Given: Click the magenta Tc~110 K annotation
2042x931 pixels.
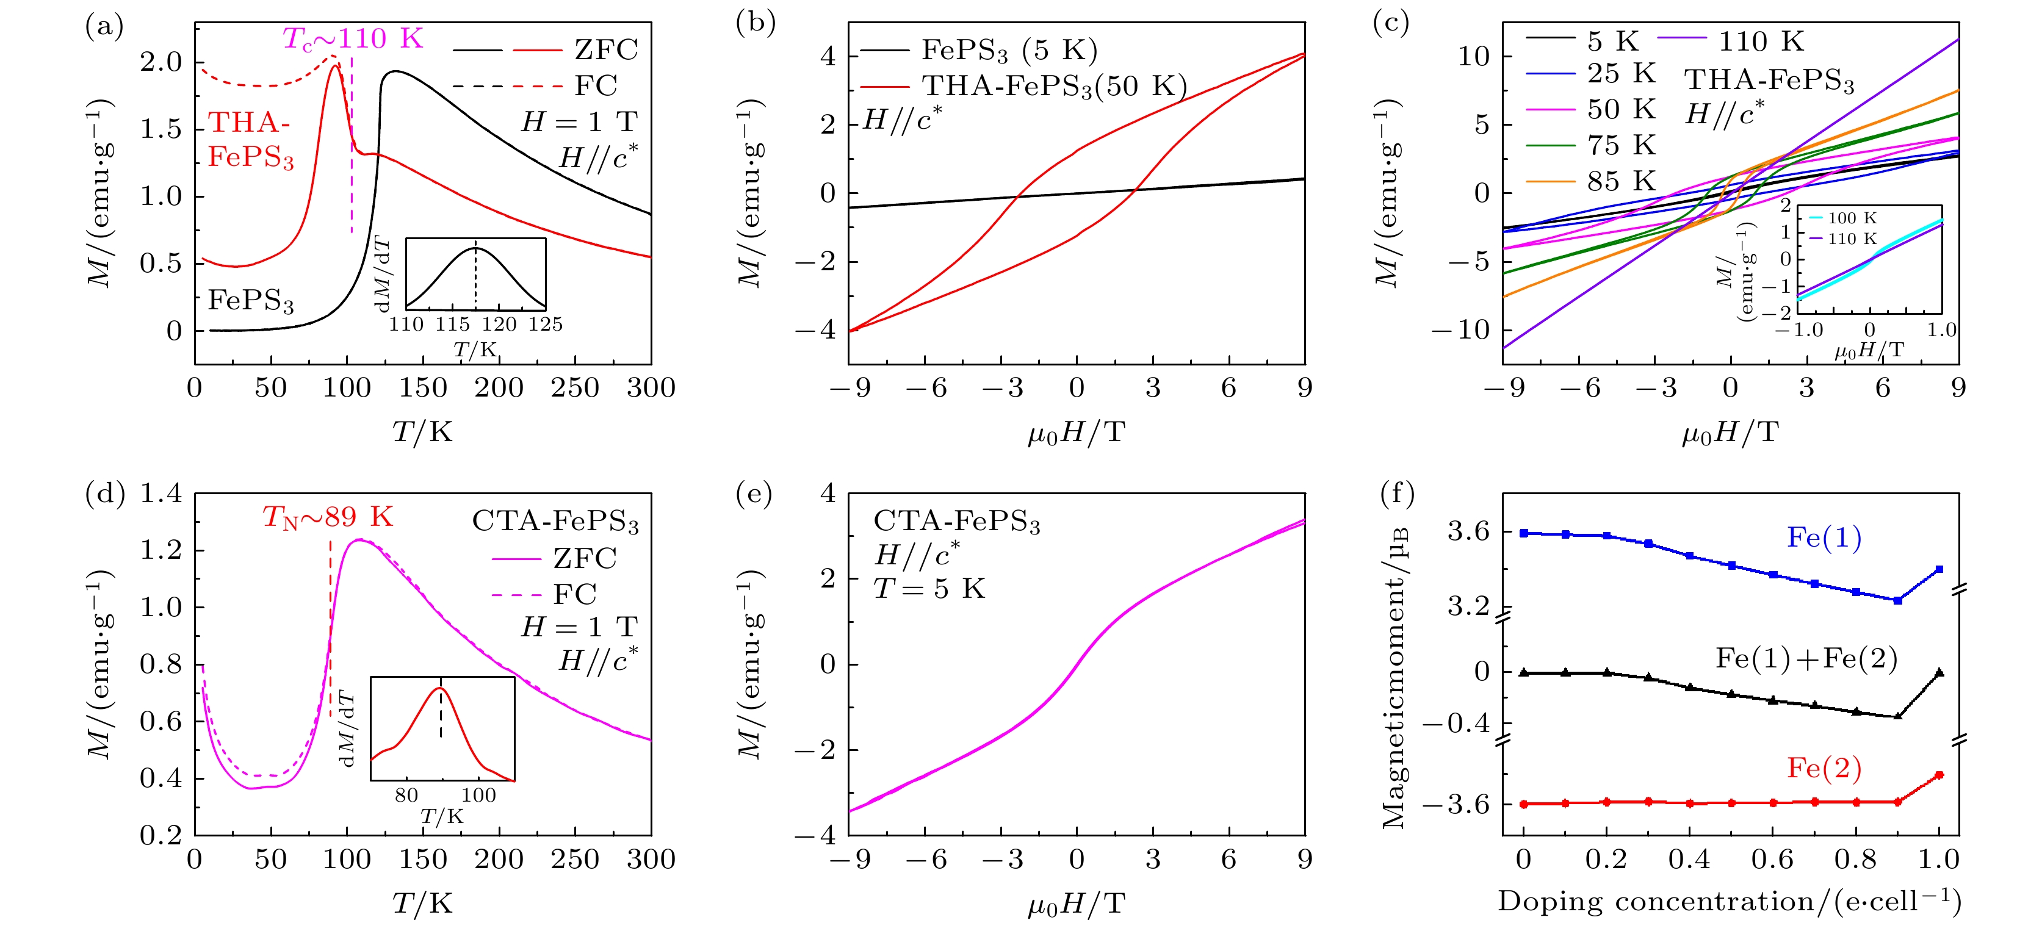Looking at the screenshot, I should (353, 38).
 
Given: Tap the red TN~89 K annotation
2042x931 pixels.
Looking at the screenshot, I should (327, 517).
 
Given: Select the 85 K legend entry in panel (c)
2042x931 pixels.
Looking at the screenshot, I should (1620, 181).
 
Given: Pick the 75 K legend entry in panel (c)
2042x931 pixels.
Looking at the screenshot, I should (1620, 145).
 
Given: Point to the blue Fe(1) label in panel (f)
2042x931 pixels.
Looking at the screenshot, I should (1824, 538).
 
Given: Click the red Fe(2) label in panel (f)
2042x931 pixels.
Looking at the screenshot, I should (1824, 767).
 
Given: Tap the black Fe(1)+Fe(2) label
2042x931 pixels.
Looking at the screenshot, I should (1806, 658).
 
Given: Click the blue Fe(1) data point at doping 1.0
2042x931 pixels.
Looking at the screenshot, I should (1939, 569).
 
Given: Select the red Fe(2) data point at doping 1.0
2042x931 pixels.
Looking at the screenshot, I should (1939, 775).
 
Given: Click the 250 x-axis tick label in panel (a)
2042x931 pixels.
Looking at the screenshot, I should (575, 387).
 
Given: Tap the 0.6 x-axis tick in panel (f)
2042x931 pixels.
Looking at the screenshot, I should (1772, 859).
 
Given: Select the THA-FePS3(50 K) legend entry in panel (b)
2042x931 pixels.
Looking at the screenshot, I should (1053, 85).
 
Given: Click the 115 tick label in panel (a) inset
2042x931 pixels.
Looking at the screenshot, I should (453, 324).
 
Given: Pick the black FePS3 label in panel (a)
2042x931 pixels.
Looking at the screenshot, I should (250, 300).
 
